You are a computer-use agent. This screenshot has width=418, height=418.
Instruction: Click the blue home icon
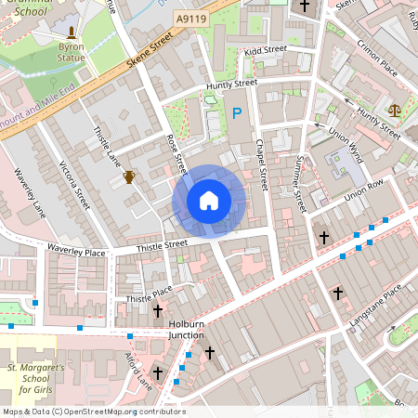[209, 201]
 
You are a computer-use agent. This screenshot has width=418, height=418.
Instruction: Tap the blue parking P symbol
[237, 113]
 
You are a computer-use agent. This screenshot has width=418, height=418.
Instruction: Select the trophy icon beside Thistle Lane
[129, 176]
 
